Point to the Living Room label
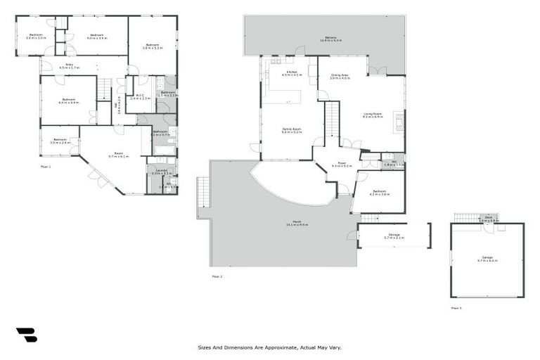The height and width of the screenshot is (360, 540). [x=373, y=115]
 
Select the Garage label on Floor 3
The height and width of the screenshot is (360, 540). [x=487, y=258]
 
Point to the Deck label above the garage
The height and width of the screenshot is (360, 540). [x=489, y=219]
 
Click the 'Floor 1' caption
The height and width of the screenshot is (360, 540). [x=46, y=166]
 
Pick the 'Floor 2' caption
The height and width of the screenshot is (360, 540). [x=217, y=276]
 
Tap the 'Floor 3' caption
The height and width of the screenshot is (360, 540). [x=456, y=308]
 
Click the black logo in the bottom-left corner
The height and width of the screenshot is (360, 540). [x=26, y=335]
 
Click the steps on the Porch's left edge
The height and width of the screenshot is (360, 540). [x=203, y=191]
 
